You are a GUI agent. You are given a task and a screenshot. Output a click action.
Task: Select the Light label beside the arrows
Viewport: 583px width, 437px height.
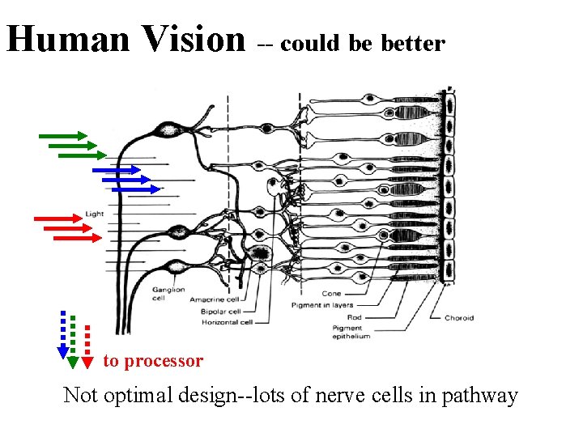pyautogui.click(x=95, y=214)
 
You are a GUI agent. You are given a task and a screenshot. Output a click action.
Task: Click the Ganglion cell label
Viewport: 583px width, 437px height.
pyautogui.click(x=168, y=293)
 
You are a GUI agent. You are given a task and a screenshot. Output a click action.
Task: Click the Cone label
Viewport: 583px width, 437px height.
pyautogui.click(x=332, y=294)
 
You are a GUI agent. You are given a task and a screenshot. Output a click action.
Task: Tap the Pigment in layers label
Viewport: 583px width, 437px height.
pyautogui.click(x=322, y=305)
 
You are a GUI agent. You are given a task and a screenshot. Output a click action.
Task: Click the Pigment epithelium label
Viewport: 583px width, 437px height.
pyautogui.click(x=351, y=333)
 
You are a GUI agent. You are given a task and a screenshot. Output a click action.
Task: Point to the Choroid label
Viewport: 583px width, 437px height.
pyautogui.click(x=459, y=318)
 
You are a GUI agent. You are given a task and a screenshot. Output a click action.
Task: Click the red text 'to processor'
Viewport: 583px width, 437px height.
pyautogui.click(x=153, y=361)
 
